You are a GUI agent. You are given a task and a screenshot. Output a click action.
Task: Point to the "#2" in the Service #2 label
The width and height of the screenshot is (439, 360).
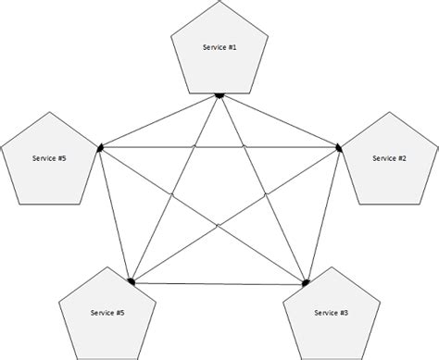pyautogui.click(x=402, y=158)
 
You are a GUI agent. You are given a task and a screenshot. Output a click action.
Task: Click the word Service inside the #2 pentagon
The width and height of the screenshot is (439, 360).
pyautogui.click(x=383, y=158)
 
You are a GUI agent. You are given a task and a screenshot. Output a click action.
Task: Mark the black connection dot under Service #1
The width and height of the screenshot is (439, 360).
pyautogui.click(x=219, y=93)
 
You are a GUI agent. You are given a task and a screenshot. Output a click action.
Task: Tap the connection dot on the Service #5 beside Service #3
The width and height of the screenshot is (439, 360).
pyautogui.click(x=132, y=280)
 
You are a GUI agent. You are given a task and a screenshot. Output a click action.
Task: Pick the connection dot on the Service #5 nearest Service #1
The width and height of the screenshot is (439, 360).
pyautogui.click(x=97, y=146)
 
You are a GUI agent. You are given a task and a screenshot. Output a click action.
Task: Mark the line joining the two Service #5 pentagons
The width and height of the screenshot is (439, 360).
pyautogui.click(x=114, y=213)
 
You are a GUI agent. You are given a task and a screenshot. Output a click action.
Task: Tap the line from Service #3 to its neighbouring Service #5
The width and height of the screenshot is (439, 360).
pyautogui.click(x=218, y=281)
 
